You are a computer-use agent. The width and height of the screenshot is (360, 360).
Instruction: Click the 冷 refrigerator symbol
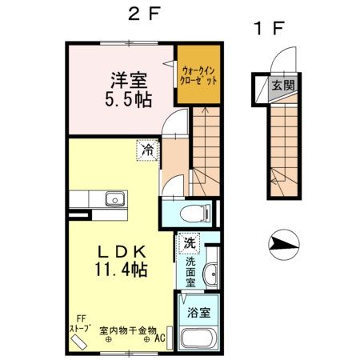coord(148,149)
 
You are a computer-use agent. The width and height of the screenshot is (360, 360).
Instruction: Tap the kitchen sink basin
coord(113,198)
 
